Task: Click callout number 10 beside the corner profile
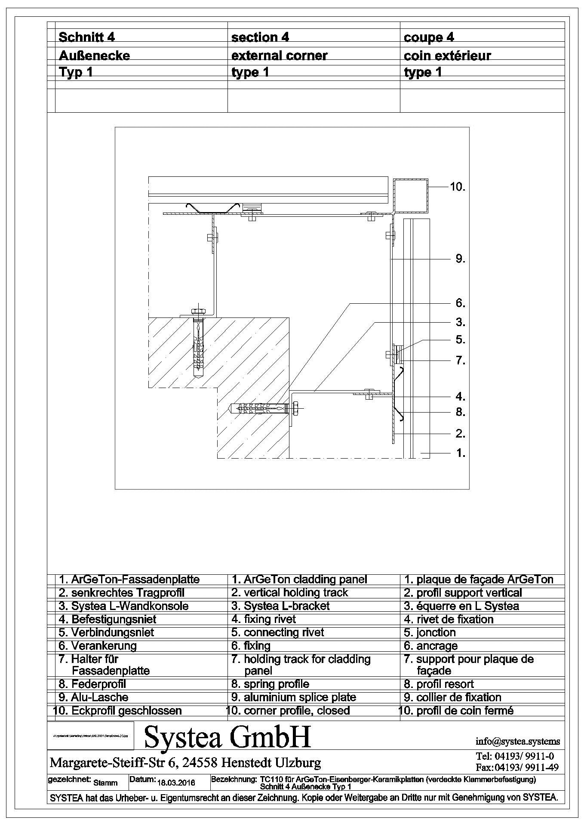pyautogui.click(x=458, y=187)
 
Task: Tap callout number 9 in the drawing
pyautogui.click(x=460, y=259)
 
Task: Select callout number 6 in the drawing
pyautogui.click(x=460, y=303)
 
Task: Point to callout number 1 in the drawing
pyautogui.click(x=460, y=453)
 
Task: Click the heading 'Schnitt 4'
pyautogui.click(x=86, y=37)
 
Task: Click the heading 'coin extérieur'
pyautogui.click(x=447, y=55)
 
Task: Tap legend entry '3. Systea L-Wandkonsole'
pyautogui.click(x=123, y=606)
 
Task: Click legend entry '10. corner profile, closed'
pyautogui.click(x=288, y=711)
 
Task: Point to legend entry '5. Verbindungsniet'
pyautogui.click(x=106, y=632)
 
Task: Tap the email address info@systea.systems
pyautogui.click(x=518, y=741)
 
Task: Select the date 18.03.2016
pyautogui.click(x=177, y=783)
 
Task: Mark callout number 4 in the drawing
pyautogui.click(x=460, y=397)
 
